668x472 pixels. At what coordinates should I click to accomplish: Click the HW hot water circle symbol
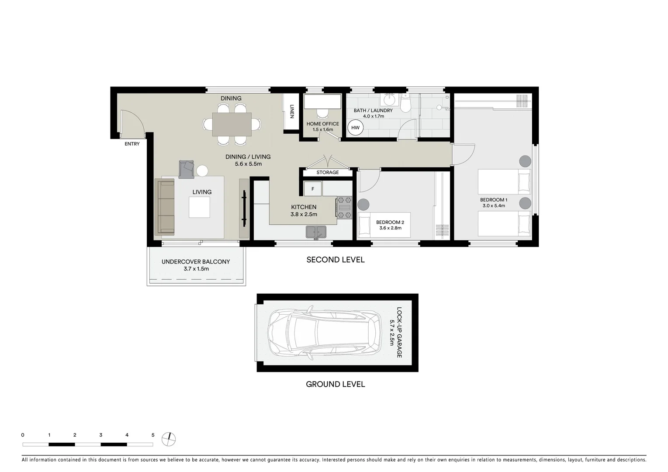(x=355, y=128)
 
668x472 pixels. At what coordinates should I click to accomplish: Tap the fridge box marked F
(x=312, y=189)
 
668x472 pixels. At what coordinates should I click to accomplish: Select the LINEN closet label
(x=291, y=111)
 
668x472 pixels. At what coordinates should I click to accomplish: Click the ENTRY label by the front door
(x=132, y=144)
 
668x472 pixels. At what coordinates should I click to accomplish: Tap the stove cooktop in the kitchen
(x=343, y=208)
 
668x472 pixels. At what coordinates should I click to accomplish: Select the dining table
(x=232, y=125)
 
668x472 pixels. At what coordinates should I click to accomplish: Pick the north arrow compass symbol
(x=169, y=439)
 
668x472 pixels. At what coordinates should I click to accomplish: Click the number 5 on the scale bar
(x=153, y=435)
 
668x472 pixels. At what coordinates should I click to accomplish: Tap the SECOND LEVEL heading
(x=335, y=260)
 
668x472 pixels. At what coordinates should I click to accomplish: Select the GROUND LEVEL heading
(x=335, y=384)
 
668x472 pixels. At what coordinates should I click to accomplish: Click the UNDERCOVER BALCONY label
(x=196, y=262)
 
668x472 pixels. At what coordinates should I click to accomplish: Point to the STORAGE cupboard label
(x=327, y=173)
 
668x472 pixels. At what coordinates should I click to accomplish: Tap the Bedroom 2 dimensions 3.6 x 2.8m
(x=390, y=228)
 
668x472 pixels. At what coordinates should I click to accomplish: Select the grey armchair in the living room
(x=187, y=169)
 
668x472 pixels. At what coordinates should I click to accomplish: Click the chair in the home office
(x=322, y=113)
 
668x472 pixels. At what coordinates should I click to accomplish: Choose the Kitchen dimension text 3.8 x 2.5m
(x=304, y=215)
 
